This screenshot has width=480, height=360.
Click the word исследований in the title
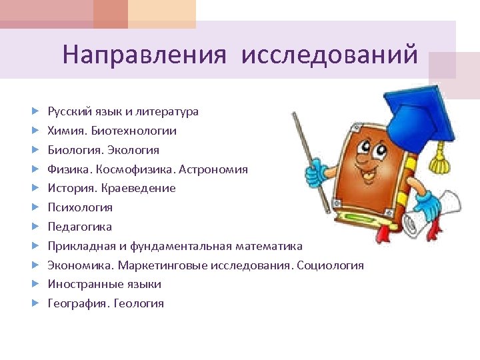(x=330, y=54)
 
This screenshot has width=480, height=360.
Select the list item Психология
(x=80, y=207)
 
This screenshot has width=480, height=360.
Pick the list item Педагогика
(x=79, y=227)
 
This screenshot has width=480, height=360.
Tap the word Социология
(x=330, y=265)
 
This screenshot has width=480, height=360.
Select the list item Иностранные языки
(x=104, y=284)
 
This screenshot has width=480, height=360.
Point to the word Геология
(x=139, y=303)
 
